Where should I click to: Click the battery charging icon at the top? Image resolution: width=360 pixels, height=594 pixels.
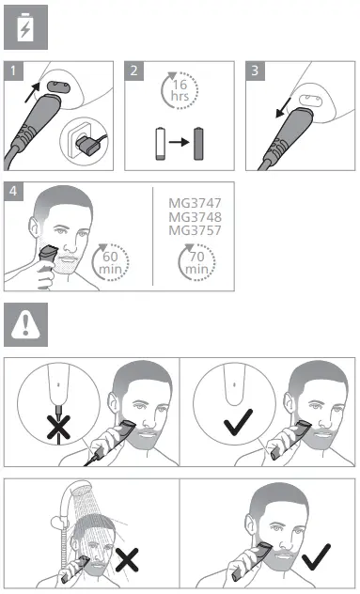25,28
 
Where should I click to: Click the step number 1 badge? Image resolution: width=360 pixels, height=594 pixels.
12,70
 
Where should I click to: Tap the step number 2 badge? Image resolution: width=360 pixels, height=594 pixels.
133,70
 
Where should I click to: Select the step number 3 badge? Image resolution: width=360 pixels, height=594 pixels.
254,70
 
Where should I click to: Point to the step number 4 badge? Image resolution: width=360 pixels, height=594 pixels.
12,191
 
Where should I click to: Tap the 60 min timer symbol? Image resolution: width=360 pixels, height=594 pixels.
111,261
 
